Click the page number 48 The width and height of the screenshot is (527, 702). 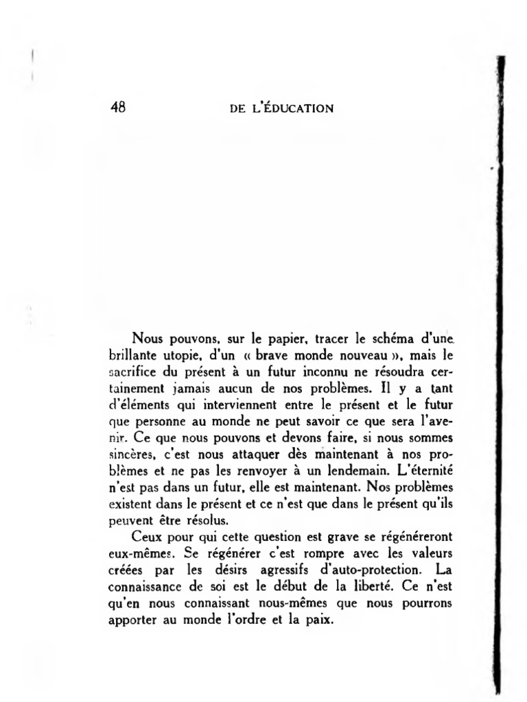(x=117, y=107)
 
